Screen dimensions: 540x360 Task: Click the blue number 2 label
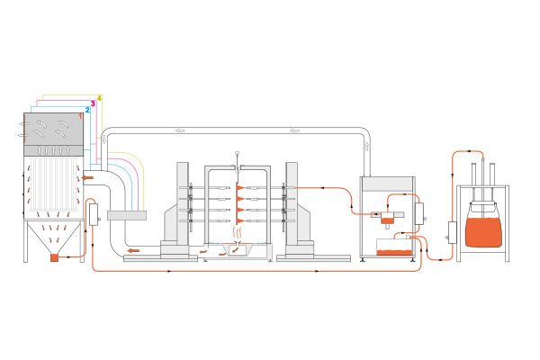87,110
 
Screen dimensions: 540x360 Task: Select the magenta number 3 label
93,103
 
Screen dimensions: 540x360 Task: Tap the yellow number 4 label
99,98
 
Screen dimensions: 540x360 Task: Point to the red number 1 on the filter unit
81,116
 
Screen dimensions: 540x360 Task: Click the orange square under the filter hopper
54,257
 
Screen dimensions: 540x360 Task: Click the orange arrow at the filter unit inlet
87,178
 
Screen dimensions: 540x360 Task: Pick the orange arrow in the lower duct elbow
133,250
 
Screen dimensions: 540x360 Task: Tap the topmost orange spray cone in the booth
240,187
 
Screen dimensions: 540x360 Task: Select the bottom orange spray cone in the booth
240,220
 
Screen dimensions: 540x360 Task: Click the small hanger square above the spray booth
237,153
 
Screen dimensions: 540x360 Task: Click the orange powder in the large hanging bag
483,231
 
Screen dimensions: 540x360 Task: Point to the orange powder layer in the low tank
394,253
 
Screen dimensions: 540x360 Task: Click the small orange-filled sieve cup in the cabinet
387,220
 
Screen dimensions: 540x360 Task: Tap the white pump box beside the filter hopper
94,214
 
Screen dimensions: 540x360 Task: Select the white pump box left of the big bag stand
452,232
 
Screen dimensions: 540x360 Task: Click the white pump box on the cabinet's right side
419,214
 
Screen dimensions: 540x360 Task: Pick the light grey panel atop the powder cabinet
387,184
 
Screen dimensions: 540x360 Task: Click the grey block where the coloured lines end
127,215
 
